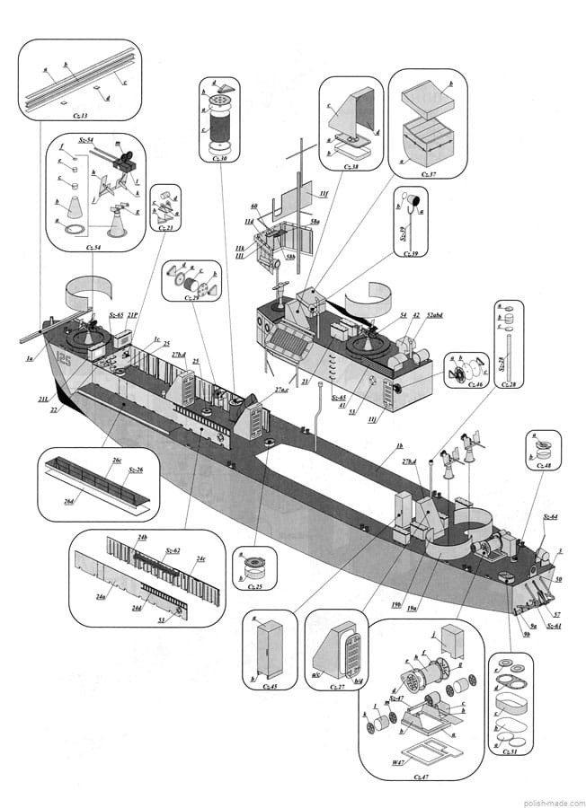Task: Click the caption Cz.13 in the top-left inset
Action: [x=80, y=115]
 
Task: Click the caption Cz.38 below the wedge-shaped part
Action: [x=348, y=166]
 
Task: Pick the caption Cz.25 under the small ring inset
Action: [x=254, y=587]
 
